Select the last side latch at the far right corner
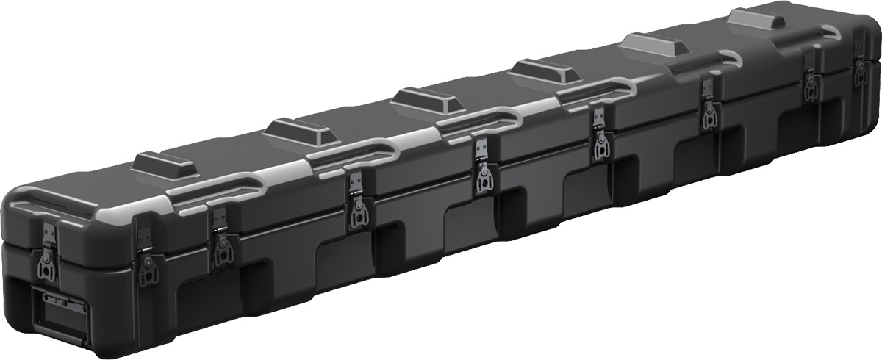click(860, 69)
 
